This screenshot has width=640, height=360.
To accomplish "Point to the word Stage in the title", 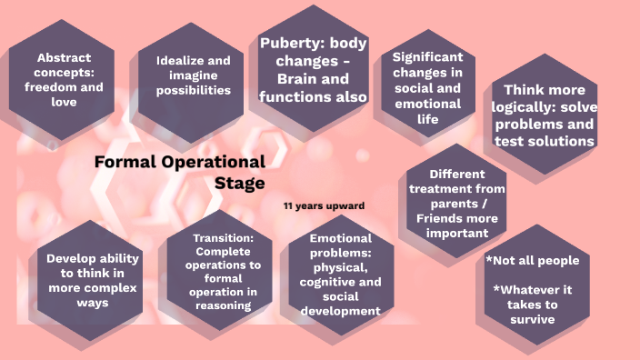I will [x=240, y=182].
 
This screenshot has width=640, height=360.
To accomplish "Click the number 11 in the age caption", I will [x=288, y=205].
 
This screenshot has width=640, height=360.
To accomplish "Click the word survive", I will [x=533, y=320].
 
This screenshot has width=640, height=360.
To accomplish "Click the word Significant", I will [x=423, y=56].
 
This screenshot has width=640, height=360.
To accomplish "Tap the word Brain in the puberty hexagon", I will [x=282, y=79].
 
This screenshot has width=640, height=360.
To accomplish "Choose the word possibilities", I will [x=193, y=90].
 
